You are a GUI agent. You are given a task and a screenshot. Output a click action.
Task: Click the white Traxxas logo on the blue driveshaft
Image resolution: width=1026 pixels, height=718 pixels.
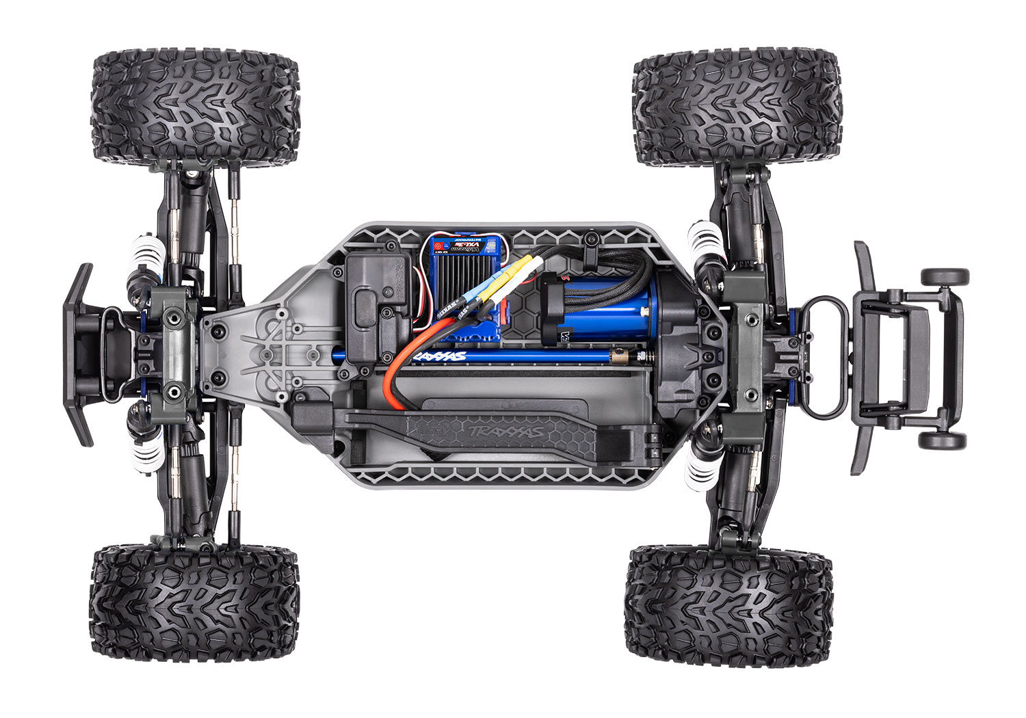pyautogui.click(x=442, y=356)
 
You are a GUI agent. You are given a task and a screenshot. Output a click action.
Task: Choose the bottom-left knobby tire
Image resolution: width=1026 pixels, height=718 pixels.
pyautogui.click(x=194, y=602)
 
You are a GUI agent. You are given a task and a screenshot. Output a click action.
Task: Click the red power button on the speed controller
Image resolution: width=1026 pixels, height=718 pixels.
pyautogui.click(x=438, y=244)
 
